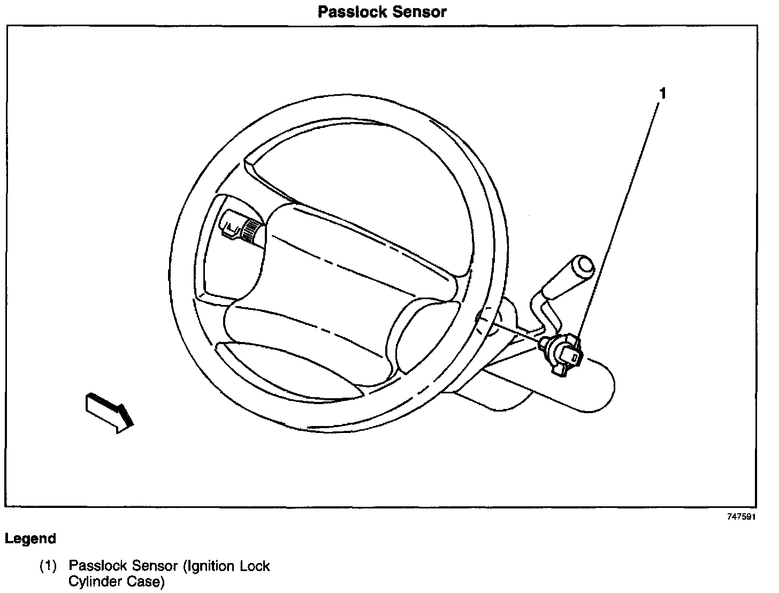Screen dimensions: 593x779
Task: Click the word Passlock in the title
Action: click(349, 12)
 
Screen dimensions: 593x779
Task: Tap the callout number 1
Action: click(662, 94)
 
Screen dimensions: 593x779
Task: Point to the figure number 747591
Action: click(742, 518)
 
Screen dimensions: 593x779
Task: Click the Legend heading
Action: click(30, 538)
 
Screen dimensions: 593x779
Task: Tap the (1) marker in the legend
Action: click(48, 566)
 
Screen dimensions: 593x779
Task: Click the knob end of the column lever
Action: click(582, 266)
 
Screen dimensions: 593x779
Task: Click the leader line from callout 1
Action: click(621, 214)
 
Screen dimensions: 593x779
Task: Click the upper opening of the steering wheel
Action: click(342, 161)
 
